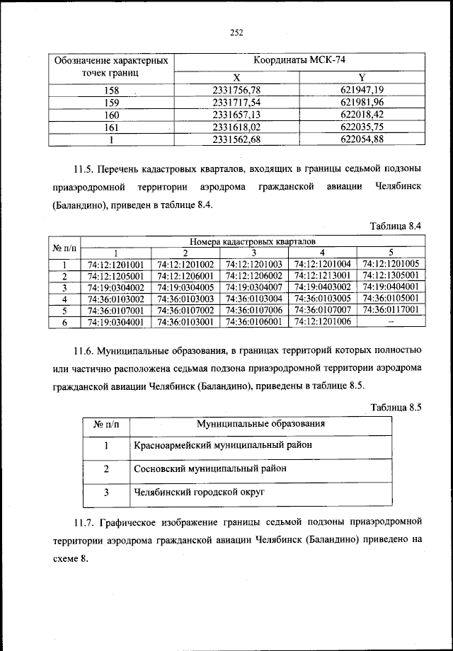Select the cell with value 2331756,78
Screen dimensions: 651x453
[x=236, y=90]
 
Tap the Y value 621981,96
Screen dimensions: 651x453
[x=362, y=103]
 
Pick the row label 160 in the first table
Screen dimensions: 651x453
[x=111, y=115]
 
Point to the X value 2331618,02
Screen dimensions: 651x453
[x=236, y=127]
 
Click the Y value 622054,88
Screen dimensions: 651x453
[x=362, y=140]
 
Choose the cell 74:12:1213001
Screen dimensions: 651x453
[x=322, y=276]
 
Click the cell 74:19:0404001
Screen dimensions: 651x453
[x=391, y=287]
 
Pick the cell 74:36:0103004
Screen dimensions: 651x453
[x=254, y=299]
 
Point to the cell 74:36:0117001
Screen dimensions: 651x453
[x=391, y=310]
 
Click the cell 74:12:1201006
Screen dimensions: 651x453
[x=322, y=321]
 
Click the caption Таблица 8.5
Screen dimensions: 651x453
[x=396, y=407]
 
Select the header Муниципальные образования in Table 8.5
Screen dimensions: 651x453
[x=260, y=425]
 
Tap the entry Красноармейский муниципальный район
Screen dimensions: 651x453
[x=213, y=445]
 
